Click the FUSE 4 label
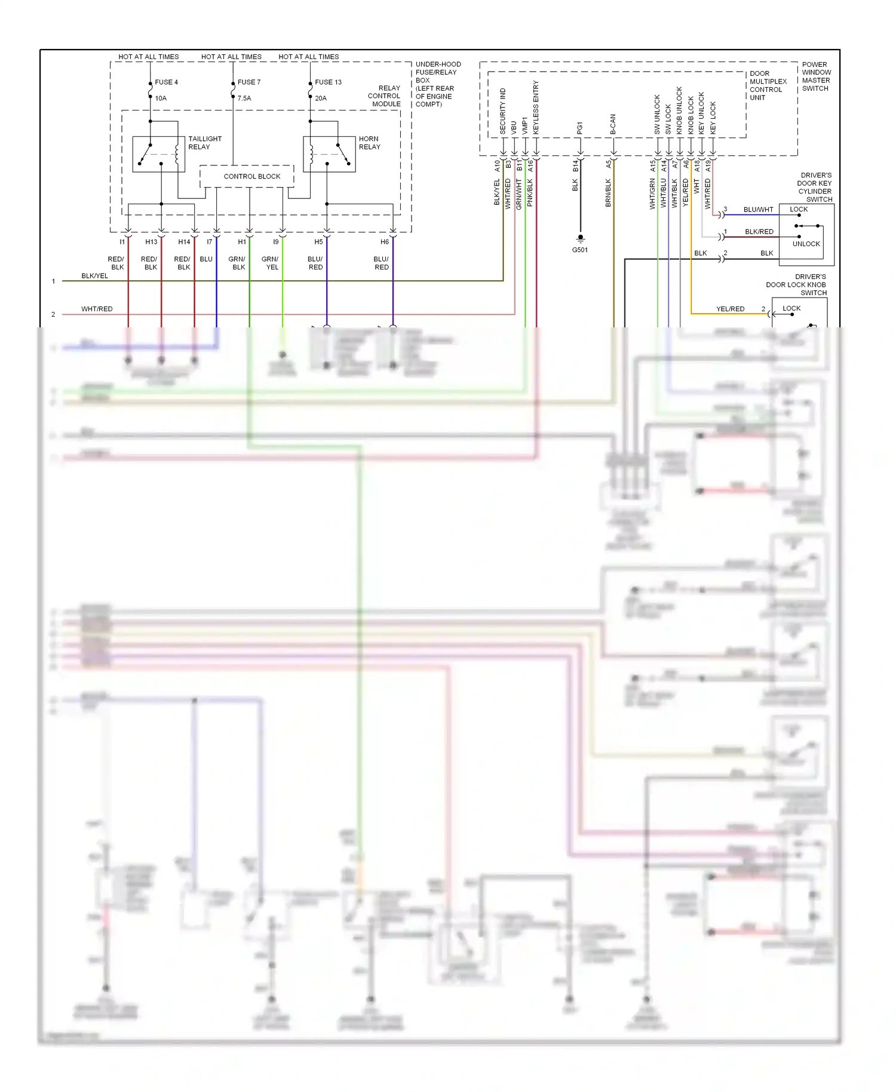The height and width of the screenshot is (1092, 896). click(x=166, y=82)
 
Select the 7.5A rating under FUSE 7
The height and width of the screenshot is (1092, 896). click(x=244, y=98)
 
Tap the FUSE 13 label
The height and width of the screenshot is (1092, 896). click(x=328, y=82)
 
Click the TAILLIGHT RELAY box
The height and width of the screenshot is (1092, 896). click(x=158, y=154)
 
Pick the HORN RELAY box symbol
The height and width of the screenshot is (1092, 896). click(x=329, y=154)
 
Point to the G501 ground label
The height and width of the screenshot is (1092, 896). click(x=579, y=250)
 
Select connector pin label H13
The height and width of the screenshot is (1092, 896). click(x=151, y=242)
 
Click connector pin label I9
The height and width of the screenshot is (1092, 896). click(x=275, y=242)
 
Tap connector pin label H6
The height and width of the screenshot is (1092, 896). click(x=384, y=242)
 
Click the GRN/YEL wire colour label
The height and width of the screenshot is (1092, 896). click(x=270, y=263)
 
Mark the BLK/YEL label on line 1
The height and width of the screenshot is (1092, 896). click(x=94, y=276)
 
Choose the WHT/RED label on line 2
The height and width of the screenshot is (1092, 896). click(x=97, y=309)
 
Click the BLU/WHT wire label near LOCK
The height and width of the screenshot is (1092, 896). click(x=758, y=210)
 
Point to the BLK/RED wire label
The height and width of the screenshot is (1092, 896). click(x=759, y=232)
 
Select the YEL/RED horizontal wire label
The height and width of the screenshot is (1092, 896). click(x=730, y=309)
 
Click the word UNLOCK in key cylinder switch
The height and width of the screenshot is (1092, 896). click(x=806, y=244)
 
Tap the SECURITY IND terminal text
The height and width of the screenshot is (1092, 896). click(x=502, y=111)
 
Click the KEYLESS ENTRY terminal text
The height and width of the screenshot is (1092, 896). click(x=536, y=107)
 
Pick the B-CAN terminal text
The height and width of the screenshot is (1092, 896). click(x=612, y=124)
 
